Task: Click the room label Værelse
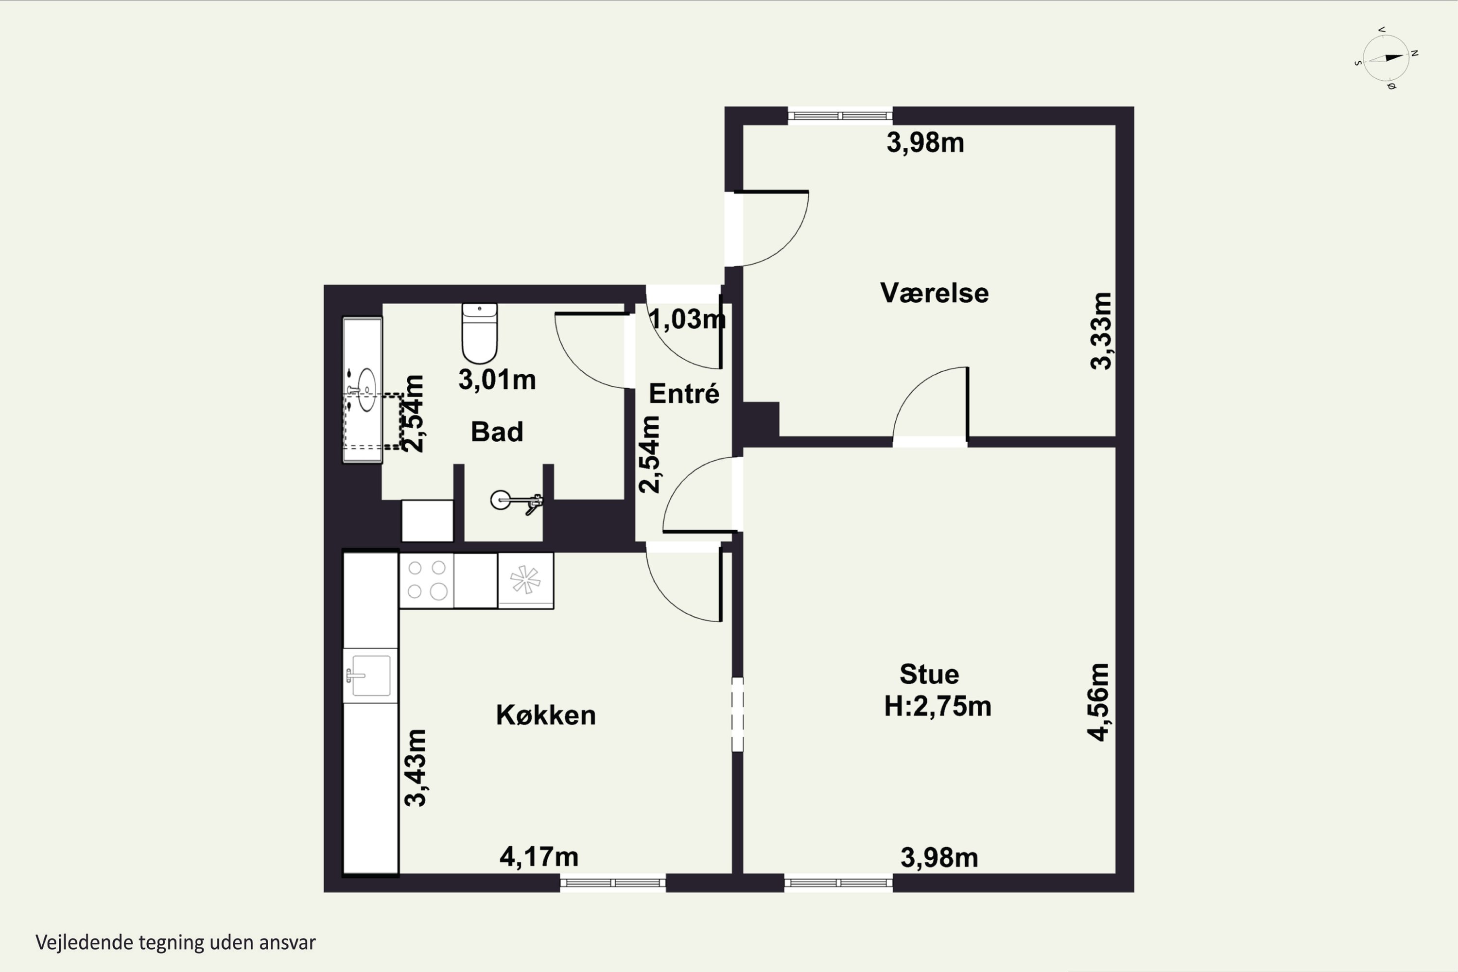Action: pyautogui.click(x=934, y=293)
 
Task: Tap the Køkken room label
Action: pyautogui.click(x=545, y=715)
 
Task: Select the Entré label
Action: pyautogui.click(x=684, y=394)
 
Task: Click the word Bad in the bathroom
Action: pyautogui.click(x=497, y=432)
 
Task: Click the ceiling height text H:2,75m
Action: pyautogui.click(x=938, y=707)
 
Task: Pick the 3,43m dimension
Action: pyautogui.click(x=416, y=768)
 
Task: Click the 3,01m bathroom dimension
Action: pyautogui.click(x=497, y=380)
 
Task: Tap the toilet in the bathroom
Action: pyautogui.click(x=479, y=333)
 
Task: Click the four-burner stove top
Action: pyautogui.click(x=427, y=580)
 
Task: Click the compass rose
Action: pyautogui.click(x=1386, y=58)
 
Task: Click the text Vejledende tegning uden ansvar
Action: pyautogui.click(x=175, y=943)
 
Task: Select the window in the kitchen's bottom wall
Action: pyautogui.click(x=613, y=883)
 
